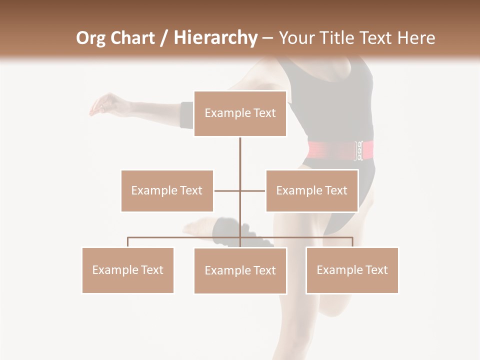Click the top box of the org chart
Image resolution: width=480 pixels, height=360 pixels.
(x=240, y=113)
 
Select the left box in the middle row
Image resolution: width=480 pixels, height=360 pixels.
(x=167, y=190)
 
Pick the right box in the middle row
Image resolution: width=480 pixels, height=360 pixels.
(x=311, y=190)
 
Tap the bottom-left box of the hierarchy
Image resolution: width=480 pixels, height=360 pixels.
(x=127, y=270)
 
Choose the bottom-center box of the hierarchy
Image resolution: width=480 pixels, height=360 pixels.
(x=240, y=270)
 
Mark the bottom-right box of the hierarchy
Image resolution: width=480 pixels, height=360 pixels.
(x=352, y=270)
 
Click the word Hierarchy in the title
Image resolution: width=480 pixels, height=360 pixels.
(x=215, y=38)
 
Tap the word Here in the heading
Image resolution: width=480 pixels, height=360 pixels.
(x=416, y=38)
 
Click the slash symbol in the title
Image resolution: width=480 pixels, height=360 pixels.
(x=163, y=38)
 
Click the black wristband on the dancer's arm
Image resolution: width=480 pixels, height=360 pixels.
(x=186, y=114)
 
